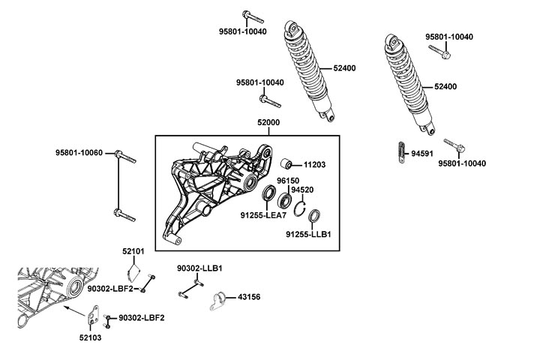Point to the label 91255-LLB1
(x=307, y=234)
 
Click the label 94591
(x=422, y=153)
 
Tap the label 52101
(x=133, y=250)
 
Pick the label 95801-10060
(x=79, y=152)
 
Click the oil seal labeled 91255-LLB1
(x=316, y=217)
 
